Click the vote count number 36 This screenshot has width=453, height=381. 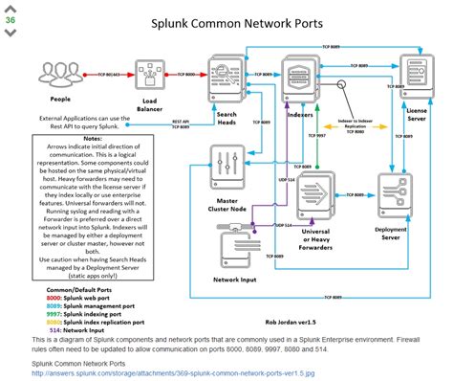coord(11,18)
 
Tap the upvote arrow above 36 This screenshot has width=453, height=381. coord(11,6)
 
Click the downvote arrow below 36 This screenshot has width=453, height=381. coord(11,32)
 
